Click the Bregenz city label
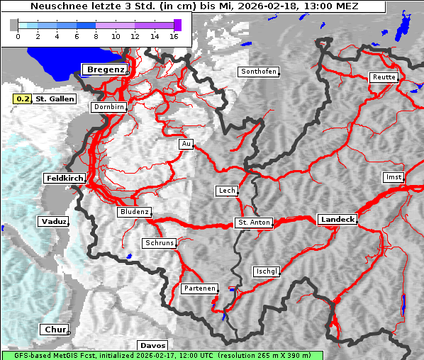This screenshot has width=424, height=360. (x=105, y=69)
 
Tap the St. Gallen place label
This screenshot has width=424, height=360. (x=55, y=99)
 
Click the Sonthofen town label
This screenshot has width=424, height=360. (x=258, y=72)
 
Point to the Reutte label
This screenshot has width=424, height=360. (x=383, y=77)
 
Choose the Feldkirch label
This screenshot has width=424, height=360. (x=65, y=178)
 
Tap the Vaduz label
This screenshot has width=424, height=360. (x=53, y=222)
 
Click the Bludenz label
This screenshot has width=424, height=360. (x=134, y=212)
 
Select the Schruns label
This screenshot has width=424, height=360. (x=159, y=243)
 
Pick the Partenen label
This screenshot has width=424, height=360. (x=199, y=288)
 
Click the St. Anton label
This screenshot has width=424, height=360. (x=253, y=223)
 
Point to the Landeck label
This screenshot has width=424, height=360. (x=337, y=220)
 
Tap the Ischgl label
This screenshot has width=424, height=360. (x=267, y=271)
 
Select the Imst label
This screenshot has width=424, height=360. (x=392, y=176)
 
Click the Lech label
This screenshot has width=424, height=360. (x=226, y=191)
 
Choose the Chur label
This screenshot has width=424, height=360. (x=54, y=330)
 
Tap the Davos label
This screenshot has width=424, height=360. (x=152, y=345)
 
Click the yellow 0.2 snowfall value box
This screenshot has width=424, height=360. (x=23, y=99)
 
